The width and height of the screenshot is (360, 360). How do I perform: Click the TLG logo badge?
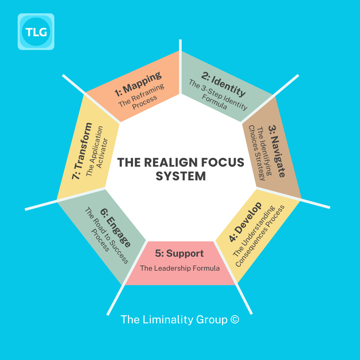36,32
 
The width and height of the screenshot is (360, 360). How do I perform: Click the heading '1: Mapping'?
138,84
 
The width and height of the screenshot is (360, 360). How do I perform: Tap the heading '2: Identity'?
223,84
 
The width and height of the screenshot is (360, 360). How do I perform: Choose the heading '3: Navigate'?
277,151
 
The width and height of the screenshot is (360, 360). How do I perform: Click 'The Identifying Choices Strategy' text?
260,153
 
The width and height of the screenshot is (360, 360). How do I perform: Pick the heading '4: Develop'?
245,222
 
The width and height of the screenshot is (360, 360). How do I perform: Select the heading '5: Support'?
179,253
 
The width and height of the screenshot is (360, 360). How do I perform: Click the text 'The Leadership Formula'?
180,268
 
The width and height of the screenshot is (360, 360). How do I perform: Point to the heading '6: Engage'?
116,227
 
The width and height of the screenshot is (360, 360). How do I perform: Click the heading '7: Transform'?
82,151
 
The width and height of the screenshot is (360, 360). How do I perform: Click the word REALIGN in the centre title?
171,162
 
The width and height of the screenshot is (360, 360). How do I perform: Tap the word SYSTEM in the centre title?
181,176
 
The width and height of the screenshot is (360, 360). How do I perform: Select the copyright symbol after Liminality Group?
235,319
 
